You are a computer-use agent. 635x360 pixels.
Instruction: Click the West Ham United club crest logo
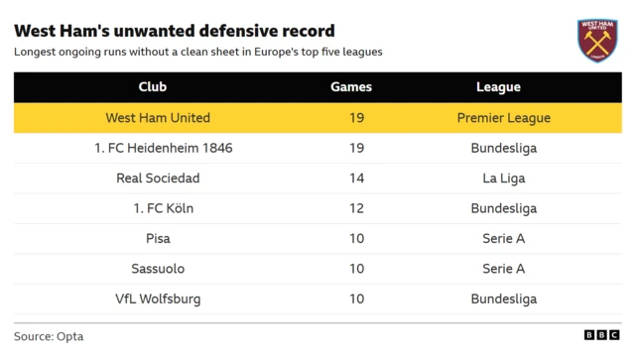(597, 41)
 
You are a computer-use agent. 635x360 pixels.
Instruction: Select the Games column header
(351, 87)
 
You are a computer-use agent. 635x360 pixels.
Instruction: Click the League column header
(498, 87)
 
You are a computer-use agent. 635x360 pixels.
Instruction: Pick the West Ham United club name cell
(158, 118)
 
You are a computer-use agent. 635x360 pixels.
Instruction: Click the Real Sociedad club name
(158, 179)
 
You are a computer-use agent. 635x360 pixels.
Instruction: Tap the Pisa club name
(158, 239)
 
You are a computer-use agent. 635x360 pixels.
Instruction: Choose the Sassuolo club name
(158, 269)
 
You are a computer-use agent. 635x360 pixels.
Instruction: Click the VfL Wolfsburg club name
(158, 299)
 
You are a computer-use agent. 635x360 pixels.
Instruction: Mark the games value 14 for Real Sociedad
(357, 179)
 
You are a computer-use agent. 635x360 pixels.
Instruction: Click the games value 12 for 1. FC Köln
(357, 208)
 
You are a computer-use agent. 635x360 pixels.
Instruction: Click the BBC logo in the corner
(601, 336)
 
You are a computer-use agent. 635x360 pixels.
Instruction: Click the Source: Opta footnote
(49, 336)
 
